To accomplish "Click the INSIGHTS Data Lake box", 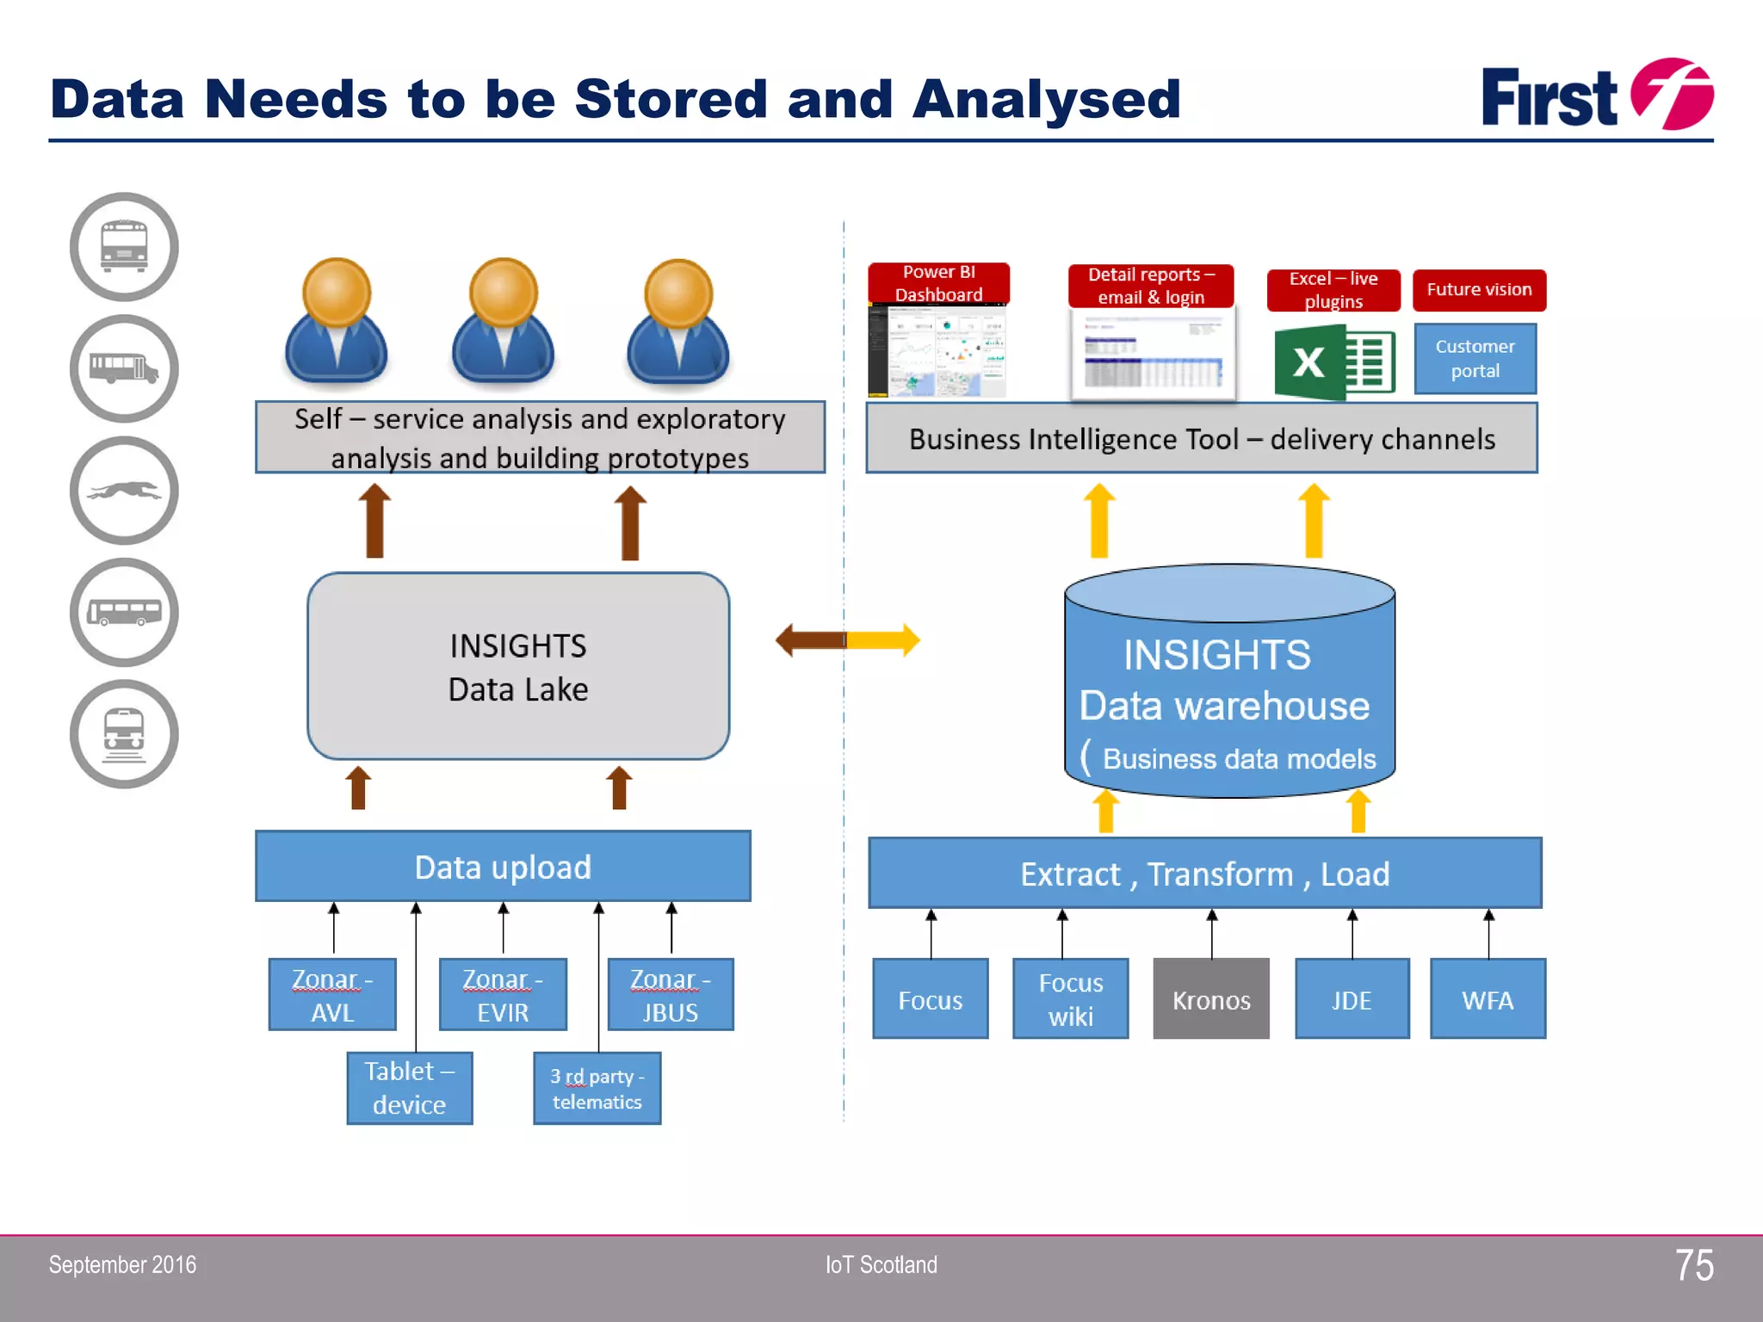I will pos(518,666).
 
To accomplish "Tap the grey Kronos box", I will pos(1211,999).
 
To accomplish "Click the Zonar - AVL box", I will pos(332,995).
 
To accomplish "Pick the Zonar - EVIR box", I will pos(503,995).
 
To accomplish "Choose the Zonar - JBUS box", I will pos(671,995).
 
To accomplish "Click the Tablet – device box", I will pos(410,1088).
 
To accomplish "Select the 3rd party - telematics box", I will pos(597,1089).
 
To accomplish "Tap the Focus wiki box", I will pos(1070,999).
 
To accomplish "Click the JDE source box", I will pos(1352,999).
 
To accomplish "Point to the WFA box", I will pos(1488,999).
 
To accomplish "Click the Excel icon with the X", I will pos(1333,362).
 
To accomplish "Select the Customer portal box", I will pos(1475,359).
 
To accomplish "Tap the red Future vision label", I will pos(1479,290).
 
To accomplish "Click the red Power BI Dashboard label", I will pos(938,283).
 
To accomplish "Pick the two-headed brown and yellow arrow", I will pos(847,639).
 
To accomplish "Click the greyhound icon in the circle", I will pos(124,491).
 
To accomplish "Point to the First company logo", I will pos(1596,96).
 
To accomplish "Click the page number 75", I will pos(1693,1265).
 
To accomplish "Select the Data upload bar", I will pos(503,867).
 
